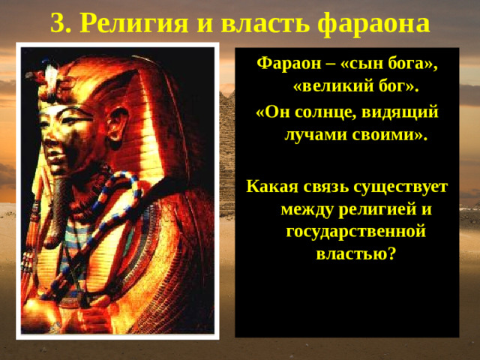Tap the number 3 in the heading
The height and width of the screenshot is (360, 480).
pos(58,24)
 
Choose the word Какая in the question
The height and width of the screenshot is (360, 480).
pos(271,184)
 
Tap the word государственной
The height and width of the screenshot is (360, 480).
pos(356,231)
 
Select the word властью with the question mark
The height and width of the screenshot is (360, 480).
pos(355,254)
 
